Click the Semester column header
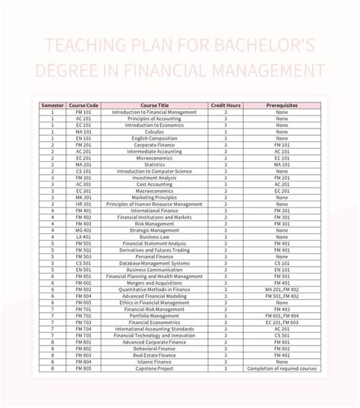point(52,105)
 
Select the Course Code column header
point(83,105)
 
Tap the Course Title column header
point(154,105)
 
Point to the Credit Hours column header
point(225,105)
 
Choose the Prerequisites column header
point(282,105)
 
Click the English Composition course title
point(154,138)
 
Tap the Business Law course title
point(154,236)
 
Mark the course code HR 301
point(83,204)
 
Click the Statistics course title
point(154,164)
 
